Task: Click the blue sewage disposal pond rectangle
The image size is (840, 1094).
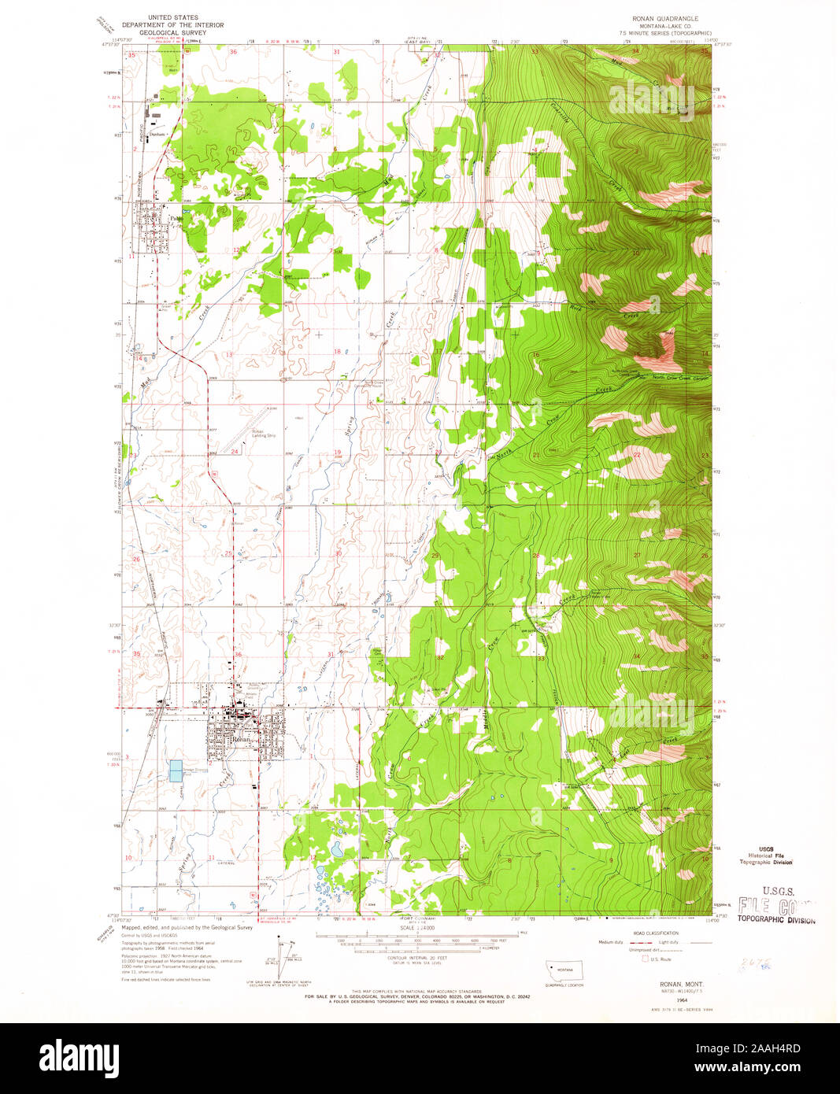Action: [x=176, y=771]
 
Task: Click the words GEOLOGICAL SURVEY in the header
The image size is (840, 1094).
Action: [x=172, y=33]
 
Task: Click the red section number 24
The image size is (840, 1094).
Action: [x=235, y=452]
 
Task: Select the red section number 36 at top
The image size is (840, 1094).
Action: [x=233, y=52]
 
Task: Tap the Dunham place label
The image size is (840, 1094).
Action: [x=158, y=134]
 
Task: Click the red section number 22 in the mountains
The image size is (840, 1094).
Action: [x=637, y=454]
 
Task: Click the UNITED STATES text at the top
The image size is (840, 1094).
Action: [x=178, y=17]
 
